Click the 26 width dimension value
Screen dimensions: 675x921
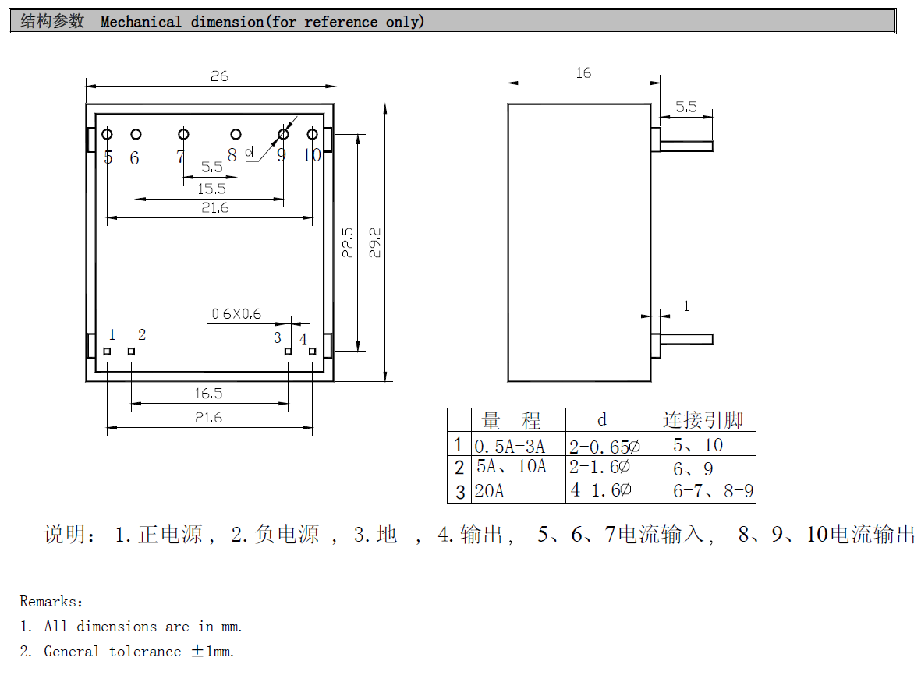pos(219,76)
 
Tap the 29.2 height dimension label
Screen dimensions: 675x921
pos(375,242)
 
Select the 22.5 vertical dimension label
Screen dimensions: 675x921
pos(348,242)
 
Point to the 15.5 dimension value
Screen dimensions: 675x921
pos(211,189)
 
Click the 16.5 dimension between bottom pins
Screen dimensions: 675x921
pos(208,394)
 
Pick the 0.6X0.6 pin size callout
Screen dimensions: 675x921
pos(236,314)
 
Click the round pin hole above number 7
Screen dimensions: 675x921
pos(183,135)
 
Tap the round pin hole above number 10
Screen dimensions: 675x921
pos(313,135)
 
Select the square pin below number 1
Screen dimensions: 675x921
pos(107,352)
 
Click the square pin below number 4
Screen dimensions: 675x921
pos(313,352)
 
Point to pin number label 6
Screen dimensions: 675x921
pos(134,158)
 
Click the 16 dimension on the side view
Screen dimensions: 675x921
pos(583,73)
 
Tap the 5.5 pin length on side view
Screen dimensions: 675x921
pos(686,108)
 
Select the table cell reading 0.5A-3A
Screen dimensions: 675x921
pos(509,446)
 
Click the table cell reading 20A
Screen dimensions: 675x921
pos(490,491)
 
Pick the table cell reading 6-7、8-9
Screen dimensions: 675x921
pos(712,491)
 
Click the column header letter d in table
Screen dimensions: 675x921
pos(602,420)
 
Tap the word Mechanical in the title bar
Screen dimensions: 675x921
pos(141,22)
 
